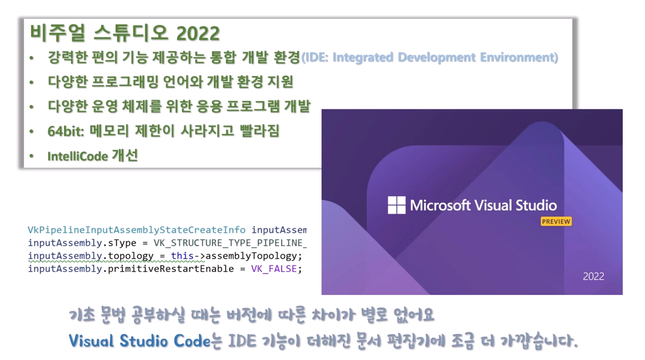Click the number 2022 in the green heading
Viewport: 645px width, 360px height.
198,33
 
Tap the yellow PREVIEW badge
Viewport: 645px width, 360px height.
556,221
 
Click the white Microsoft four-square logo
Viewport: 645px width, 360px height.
397,205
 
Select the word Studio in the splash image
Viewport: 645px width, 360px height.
535,205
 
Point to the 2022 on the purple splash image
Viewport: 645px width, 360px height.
593,276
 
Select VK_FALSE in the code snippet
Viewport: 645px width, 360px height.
274,269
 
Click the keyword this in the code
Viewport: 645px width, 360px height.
182,256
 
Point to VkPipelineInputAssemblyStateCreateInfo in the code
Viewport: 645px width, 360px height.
136,230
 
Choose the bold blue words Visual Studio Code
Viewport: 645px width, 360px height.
139,341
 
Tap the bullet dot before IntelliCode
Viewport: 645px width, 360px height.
32,156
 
